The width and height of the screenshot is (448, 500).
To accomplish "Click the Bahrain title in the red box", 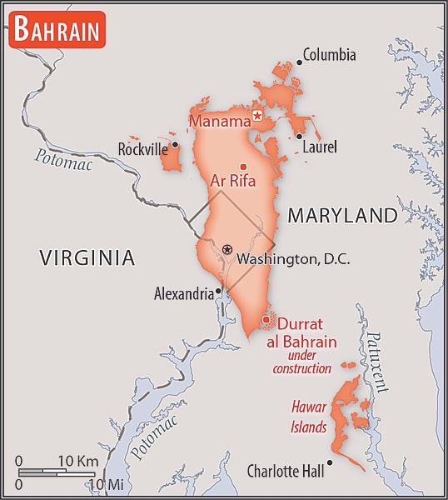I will click(57, 31).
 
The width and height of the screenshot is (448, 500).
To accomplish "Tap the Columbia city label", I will click(329, 56).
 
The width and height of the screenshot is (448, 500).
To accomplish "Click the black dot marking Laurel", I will click(299, 137).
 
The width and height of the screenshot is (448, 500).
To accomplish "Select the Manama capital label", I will click(220, 122).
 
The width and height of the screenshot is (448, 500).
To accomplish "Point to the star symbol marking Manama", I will click(257, 115).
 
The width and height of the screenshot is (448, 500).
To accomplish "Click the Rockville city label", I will click(142, 149).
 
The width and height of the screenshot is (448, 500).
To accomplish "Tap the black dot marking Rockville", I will click(175, 144).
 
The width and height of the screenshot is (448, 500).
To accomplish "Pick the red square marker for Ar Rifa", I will click(243, 165).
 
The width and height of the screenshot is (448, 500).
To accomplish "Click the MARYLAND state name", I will click(342, 216).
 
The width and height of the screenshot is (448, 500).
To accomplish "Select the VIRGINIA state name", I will click(87, 258).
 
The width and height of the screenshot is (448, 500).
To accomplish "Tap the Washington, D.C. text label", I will click(293, 259).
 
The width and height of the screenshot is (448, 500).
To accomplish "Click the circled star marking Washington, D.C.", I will click(227, 249).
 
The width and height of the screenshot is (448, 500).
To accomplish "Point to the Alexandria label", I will click(183, 293).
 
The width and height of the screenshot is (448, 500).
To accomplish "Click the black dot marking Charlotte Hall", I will click(331, 462).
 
